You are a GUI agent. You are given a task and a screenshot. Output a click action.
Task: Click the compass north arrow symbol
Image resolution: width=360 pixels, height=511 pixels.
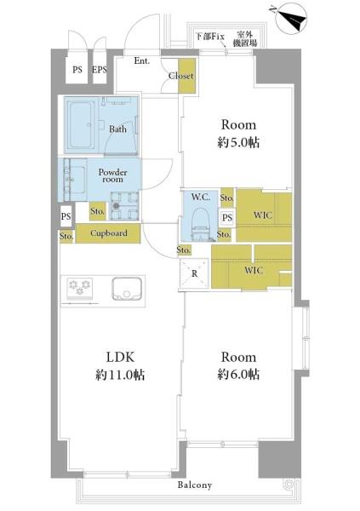coord(290,19)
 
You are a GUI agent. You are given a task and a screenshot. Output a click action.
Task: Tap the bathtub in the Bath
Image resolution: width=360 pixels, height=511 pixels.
coord(81,125)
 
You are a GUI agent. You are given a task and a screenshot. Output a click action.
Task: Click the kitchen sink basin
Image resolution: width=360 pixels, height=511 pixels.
coord(127,289)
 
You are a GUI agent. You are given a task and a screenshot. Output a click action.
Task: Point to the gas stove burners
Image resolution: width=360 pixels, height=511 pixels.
coord(79,288)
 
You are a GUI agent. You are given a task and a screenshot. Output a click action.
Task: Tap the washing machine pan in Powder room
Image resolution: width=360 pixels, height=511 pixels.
coord(124,206)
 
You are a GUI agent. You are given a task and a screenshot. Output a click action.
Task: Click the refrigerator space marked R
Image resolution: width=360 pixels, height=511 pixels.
coord(194,273)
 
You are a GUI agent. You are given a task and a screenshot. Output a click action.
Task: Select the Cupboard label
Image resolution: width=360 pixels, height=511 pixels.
coord(109,233)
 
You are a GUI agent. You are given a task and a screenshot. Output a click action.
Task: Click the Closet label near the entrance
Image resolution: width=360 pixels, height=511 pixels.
coord(181,76)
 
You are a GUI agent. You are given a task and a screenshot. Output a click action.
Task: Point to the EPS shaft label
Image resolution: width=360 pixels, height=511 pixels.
coord(100,70)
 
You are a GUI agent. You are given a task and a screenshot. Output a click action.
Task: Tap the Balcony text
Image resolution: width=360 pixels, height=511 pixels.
coord(195,485)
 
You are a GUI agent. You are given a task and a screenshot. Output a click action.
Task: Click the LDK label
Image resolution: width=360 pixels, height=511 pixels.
coord(120,357)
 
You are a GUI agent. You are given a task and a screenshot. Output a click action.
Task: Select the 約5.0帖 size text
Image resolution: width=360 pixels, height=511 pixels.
coord(238,143)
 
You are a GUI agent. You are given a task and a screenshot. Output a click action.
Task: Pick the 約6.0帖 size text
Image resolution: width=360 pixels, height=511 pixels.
coord(238,375)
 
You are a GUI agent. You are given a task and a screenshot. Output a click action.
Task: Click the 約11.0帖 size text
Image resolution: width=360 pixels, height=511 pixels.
coord(120,375)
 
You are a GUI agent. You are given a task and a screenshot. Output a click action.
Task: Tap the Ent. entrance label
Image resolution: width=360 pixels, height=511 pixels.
coord(142,60)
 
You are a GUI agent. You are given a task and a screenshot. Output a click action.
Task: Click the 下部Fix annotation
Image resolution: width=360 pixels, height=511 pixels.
coord(210,36)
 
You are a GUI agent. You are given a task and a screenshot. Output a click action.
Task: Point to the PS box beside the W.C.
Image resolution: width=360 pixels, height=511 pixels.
coord(227,217)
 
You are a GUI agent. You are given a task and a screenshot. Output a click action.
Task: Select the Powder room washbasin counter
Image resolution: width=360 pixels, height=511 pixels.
coord(75,180)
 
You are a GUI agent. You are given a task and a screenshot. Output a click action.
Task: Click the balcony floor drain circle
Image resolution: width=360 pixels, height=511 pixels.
coord(289,485)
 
